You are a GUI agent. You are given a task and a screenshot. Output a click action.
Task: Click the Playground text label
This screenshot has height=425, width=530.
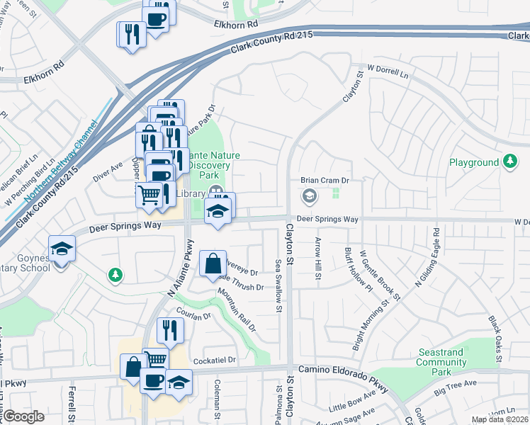473,162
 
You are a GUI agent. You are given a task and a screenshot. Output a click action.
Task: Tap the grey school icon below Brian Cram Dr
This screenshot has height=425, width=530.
310,195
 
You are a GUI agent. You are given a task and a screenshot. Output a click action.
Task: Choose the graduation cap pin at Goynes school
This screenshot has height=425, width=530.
62,249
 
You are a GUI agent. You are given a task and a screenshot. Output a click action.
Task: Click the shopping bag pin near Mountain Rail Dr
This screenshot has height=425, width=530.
213,265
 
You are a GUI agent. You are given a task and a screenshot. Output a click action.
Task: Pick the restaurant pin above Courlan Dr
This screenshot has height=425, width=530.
170,329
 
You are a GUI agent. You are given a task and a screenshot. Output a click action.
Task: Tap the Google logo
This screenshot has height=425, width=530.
23,416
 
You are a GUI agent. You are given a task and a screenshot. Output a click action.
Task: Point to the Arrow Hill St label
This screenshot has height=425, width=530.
317,258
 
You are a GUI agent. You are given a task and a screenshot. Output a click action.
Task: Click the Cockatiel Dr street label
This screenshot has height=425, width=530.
213,360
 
